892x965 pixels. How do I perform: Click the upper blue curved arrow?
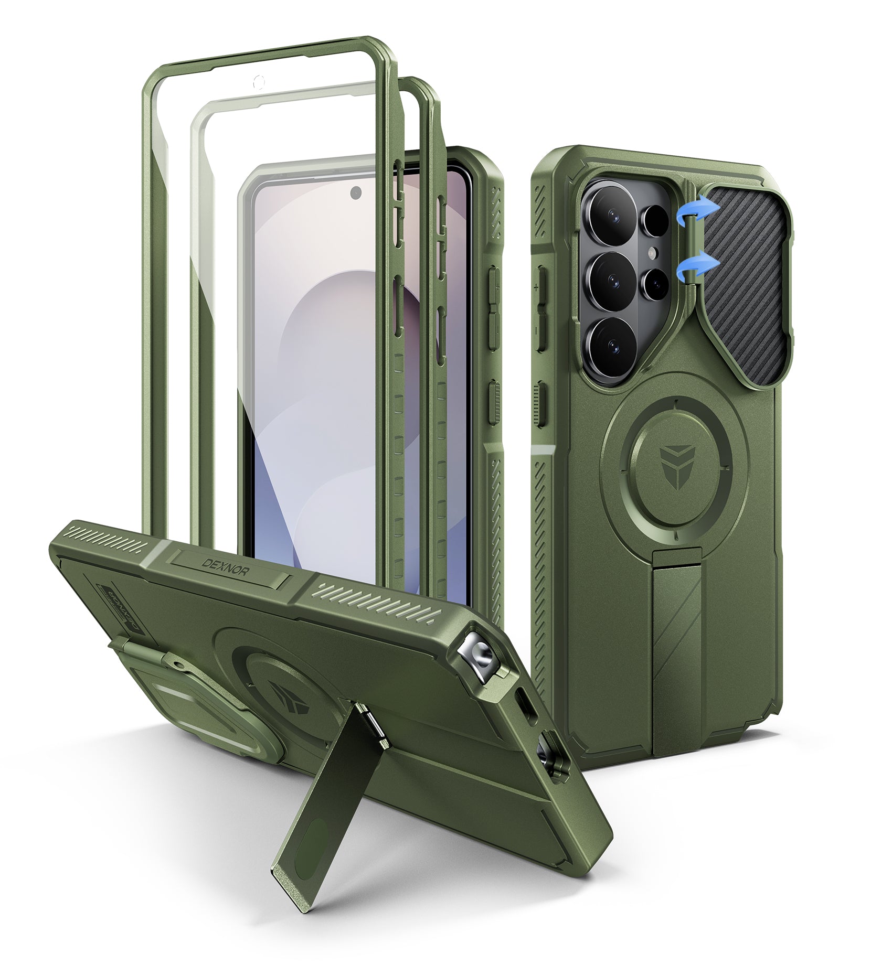click(689, 211)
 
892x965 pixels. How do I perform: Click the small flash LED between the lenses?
click(652, 254)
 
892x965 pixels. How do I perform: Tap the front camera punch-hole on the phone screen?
click(356, 192)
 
